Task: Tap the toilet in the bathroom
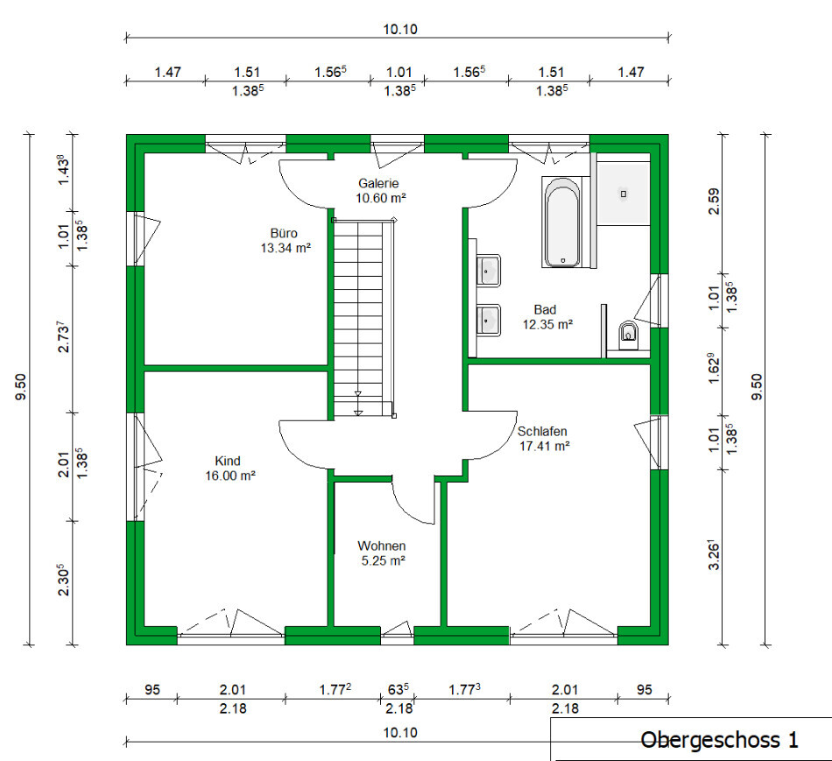point(628,334)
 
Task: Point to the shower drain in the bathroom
point(624,194)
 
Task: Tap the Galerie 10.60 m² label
point(379,191)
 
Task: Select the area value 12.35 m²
point(547,324)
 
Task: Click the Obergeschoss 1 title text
point(719,740)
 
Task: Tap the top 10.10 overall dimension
point(400,29)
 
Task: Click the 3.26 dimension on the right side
point(715,555)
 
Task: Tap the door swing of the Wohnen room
point(412,504)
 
